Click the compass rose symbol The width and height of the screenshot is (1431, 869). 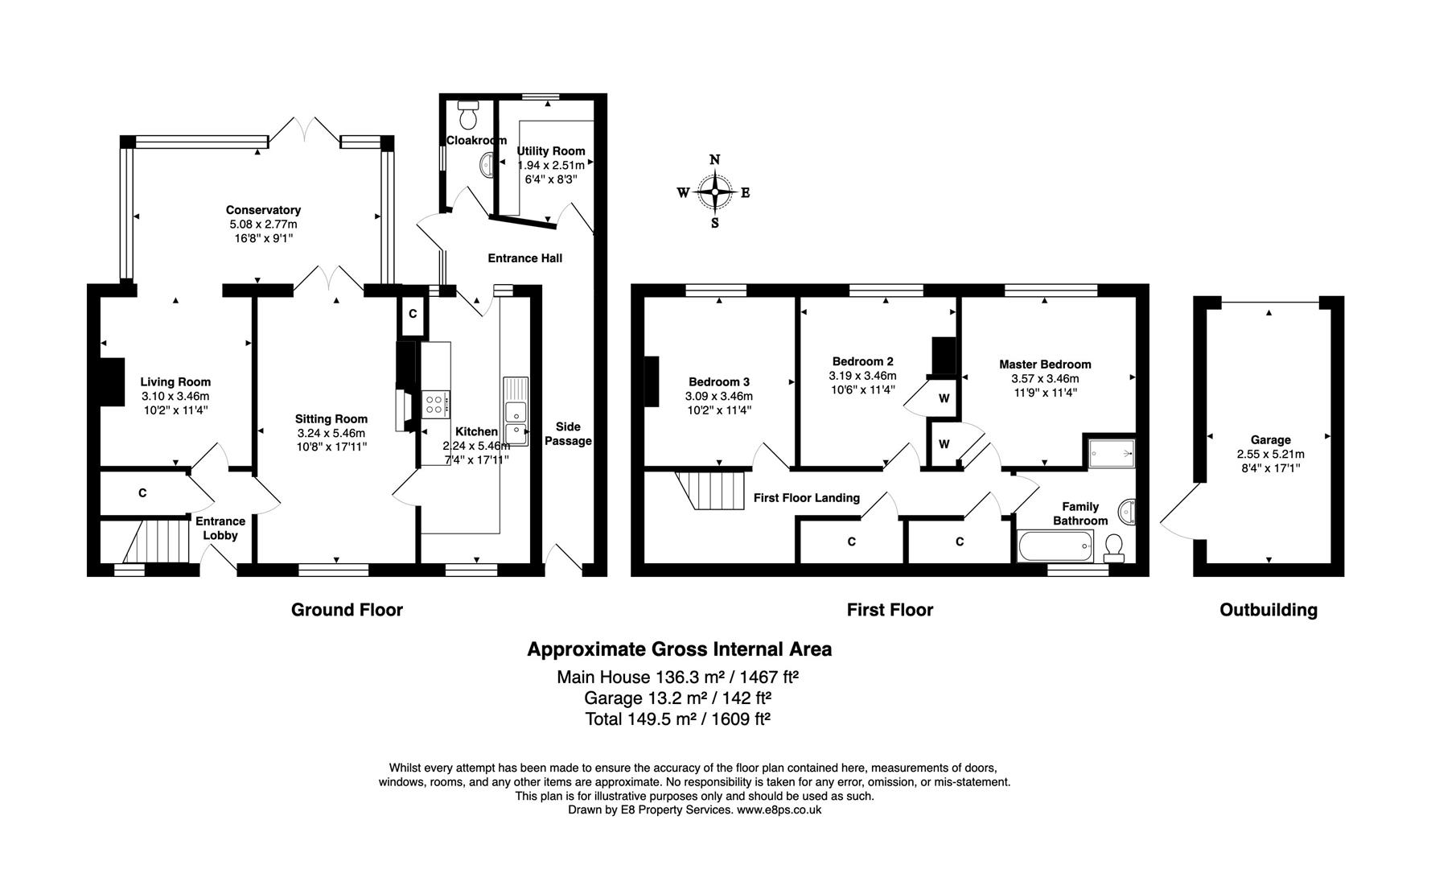click(714, 192)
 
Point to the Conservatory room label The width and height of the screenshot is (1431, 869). click(263, 210)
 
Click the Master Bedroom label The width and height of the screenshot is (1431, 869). click(1045, 364)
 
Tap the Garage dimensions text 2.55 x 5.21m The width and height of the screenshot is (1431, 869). click(1270, 454)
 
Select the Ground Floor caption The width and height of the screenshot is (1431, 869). click(347, 610)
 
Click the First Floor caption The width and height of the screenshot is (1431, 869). click(890, 610)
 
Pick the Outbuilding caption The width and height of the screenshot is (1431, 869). click(1269, 610)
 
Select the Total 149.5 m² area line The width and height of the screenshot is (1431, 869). click(678, 719)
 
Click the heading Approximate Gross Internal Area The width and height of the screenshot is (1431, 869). click(679, 649)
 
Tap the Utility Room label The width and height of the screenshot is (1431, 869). click(550, 151)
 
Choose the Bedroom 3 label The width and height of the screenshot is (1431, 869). click(718, 382)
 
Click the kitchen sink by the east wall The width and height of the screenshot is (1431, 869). click(515, 411)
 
